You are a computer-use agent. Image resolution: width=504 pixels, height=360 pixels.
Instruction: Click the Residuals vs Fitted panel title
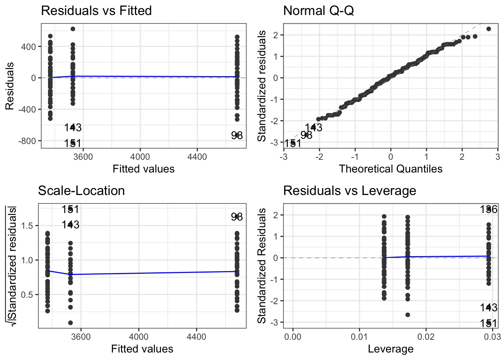coord(96,10)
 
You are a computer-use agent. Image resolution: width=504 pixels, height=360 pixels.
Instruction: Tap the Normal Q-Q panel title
coord(318,10)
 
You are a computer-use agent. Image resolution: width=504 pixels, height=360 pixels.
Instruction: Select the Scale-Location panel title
coord(81,190)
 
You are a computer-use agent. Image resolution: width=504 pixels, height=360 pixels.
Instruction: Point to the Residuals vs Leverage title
coord(349,190)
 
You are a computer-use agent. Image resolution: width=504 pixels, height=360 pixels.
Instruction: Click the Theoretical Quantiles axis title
coord(390,169)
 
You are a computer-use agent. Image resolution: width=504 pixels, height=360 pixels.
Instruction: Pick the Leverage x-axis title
coord(390,349)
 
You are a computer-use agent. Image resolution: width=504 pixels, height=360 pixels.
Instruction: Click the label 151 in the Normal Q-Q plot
coord(292,143)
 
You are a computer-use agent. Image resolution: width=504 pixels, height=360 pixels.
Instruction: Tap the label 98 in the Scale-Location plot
coord(237,217)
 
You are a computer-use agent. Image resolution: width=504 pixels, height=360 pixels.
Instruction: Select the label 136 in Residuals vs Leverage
coord(489,209)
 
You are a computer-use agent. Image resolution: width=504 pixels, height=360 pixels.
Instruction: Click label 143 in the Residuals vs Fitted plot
coord(73,127)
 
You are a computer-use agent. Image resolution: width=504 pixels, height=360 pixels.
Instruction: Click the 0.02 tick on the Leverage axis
coord(426,336)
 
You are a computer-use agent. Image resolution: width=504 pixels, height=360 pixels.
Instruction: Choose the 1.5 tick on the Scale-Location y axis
coord(27,225)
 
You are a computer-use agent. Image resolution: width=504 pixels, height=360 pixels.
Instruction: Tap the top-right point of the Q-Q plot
coord(489,29)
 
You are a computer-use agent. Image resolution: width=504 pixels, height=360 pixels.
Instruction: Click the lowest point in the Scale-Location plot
coord(70,322)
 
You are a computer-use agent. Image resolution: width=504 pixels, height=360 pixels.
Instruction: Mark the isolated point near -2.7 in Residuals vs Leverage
coord(408,315)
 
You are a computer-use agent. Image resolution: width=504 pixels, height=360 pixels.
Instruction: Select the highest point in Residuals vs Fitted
coord(73,29)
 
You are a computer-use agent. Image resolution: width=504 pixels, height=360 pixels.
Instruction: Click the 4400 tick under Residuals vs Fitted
coord(197,156)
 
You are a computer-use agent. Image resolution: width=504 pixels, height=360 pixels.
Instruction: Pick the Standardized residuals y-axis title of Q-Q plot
coord(262,86)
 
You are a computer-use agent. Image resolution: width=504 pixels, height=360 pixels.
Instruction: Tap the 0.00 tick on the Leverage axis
coord(293,336)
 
